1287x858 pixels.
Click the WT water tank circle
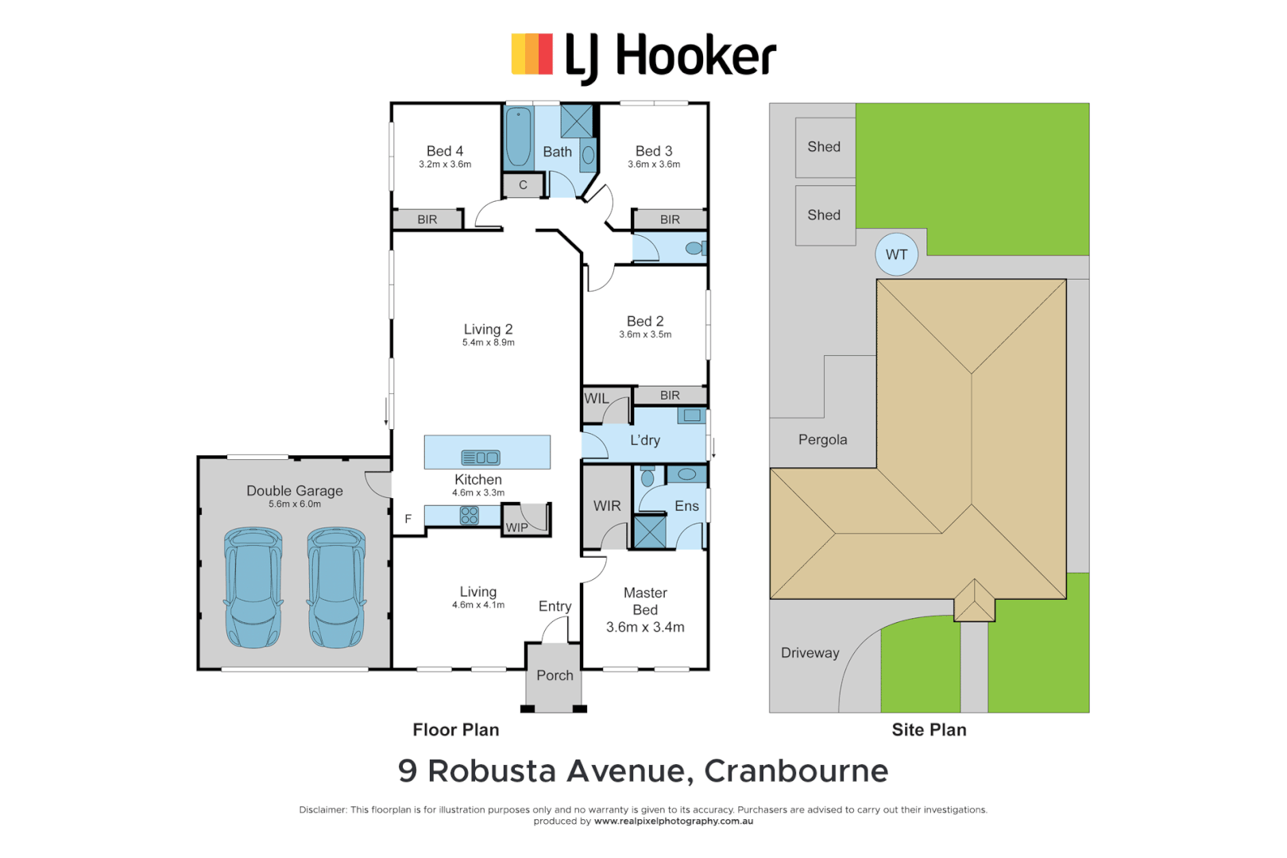pos(896,254)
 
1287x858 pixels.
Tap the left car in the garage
pos(253,587)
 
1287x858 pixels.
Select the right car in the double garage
pos(336,587)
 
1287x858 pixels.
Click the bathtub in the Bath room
pos(518,137)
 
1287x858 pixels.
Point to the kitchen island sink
pos(481,458)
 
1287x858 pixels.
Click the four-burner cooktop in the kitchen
pos(470,516)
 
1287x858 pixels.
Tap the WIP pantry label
pos(516,528)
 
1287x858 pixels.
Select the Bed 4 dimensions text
pos(445,164)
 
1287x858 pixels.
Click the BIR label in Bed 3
pos(670,219)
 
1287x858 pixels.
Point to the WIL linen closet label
pos(597,399)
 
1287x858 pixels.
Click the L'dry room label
pos(644,440)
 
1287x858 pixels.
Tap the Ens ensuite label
pos(686,506)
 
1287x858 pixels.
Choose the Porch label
pos(555,675)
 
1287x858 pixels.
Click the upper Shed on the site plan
pos(825,147)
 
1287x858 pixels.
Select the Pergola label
pos(822,439)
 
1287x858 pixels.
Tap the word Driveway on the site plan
pos(810,653)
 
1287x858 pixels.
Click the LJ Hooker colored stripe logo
pos(531,54)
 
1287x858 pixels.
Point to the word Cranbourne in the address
pos(796,771)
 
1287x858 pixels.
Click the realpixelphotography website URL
pos(673,821)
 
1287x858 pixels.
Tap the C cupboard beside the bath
pos(523,185)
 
